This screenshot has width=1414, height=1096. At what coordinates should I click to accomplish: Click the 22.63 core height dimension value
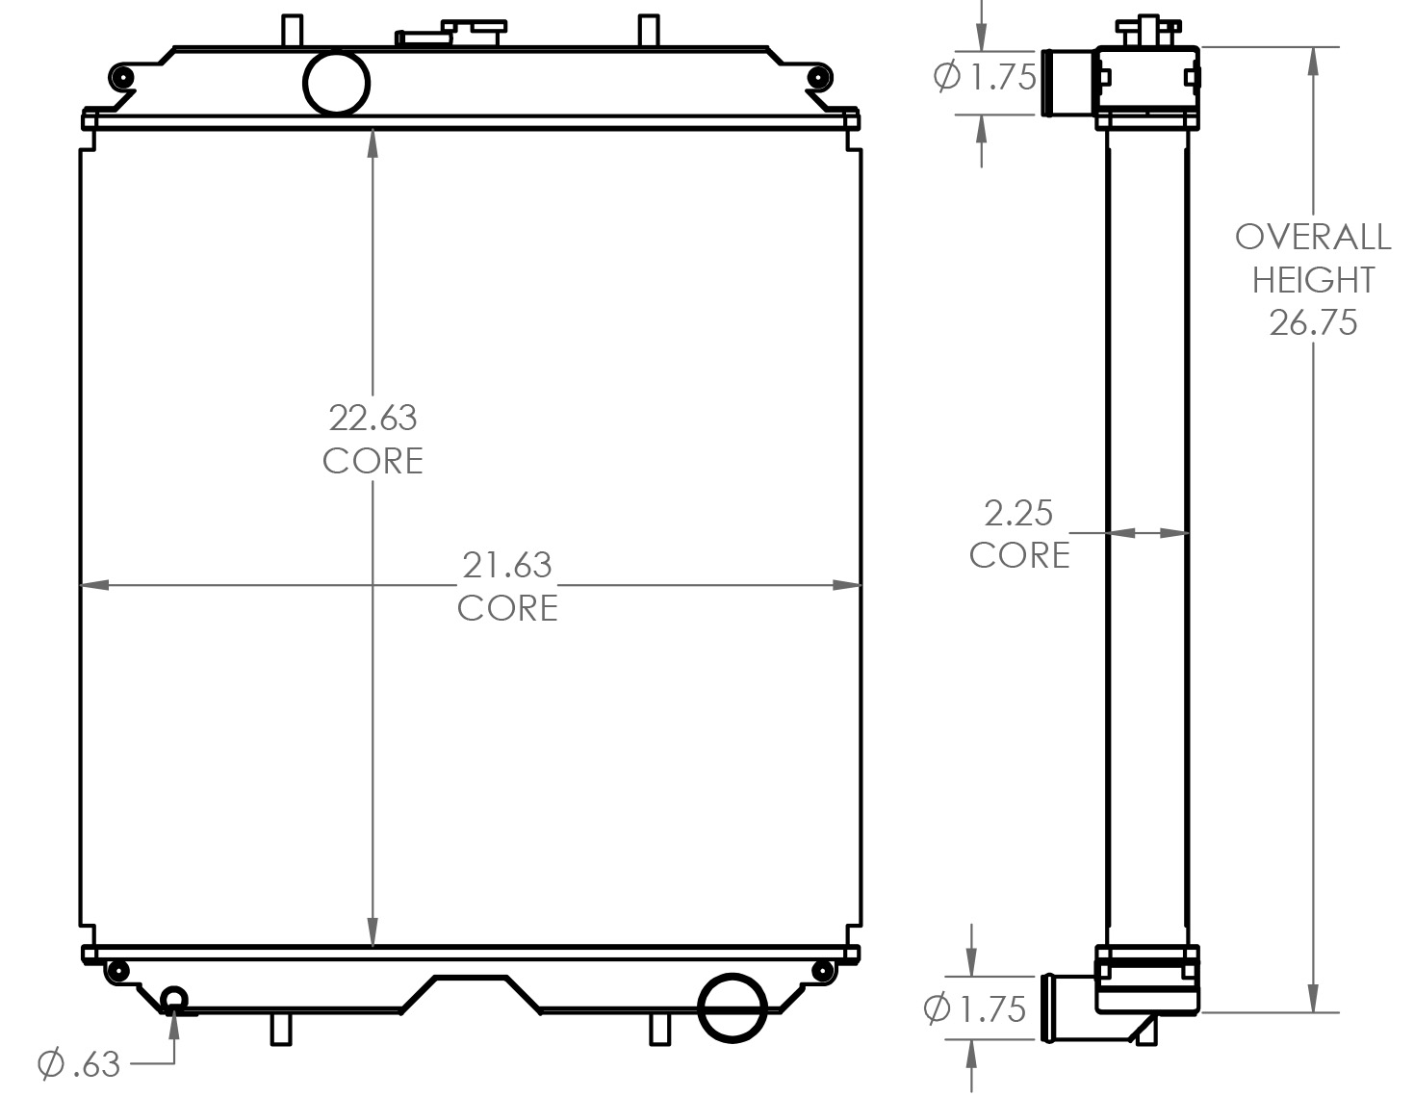[373, 418]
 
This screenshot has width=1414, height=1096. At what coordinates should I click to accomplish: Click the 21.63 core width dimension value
[507, 565]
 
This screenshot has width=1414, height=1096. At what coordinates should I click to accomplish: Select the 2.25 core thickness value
[1018, 513]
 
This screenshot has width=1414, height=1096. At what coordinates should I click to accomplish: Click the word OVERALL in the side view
[1313, 237]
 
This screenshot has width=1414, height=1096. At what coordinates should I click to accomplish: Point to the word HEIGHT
[1313, 280]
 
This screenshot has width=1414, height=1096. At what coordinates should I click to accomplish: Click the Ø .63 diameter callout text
[79, 1064]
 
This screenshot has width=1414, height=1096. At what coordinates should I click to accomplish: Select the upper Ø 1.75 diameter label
[985, 77]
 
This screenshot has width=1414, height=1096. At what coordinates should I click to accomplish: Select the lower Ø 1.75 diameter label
[974, 1008]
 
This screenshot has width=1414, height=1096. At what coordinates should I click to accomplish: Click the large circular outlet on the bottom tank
[731, 1008]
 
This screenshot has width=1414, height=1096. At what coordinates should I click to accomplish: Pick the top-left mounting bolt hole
[119, 77]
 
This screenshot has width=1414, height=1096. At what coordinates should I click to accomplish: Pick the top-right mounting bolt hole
[820, 77]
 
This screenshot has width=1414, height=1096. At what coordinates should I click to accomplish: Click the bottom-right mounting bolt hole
[821, 971]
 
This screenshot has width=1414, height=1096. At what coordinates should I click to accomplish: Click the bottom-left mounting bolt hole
[118, 971]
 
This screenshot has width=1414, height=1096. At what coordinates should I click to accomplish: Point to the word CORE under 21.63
[507, 608]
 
